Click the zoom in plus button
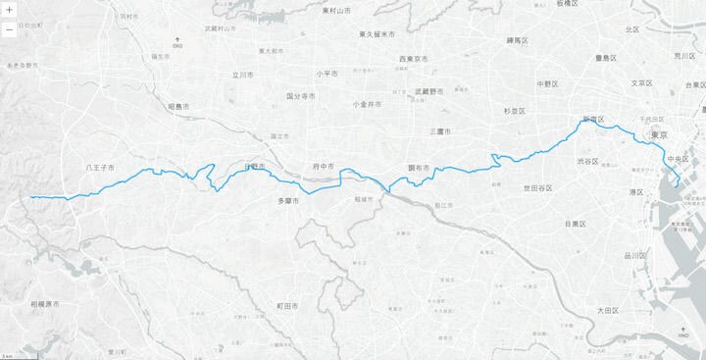pos(9,12)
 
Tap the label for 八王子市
pos(101,168)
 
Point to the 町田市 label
pos(286,306)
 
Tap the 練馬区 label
pos(517,40)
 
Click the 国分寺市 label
pos(300,96)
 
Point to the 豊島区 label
pos(602,58)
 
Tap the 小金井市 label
pos(367,103)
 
